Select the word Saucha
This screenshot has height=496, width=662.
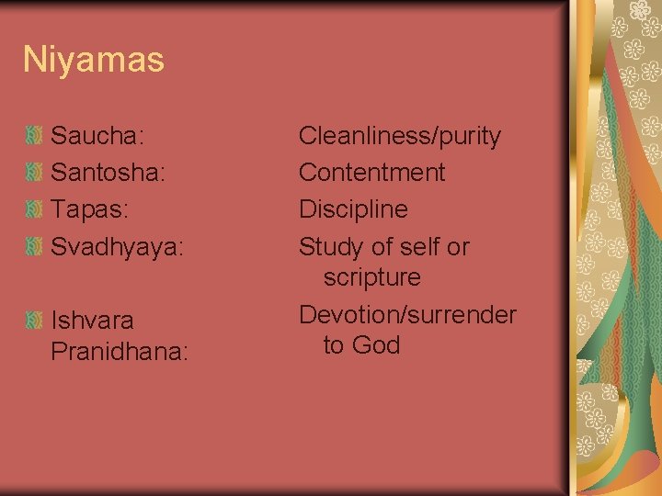pyautogui.click(x=96, y=137)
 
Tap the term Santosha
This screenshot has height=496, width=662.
pyautogui.click(x=107, y=174)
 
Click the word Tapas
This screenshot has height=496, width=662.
pyautogui.click(x=88, y=210)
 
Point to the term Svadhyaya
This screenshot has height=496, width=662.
pyautogui.click(x=117, y=248)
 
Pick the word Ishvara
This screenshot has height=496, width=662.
pyautogui.click(x=92, y=321)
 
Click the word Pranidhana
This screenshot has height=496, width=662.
pyautogui.click(x=119, y=352)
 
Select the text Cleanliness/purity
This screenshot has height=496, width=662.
pyautogui.click(x=399, y=137)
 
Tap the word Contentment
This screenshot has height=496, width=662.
pyautogui.click(x=371, y=173)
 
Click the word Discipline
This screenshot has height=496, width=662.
pyautogui.click(x=353, y=209)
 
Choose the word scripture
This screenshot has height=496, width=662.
pyautogui.click(x=371, y=277)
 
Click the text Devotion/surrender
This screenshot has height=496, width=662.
pyautogui.click(x=407, y=314)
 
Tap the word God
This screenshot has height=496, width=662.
pyautogui.click(x=378, y=345)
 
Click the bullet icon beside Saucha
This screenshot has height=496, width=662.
pyautogui.click(x=33, y=137)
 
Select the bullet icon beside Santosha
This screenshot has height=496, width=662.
pyautogui.click(x=33, y=174)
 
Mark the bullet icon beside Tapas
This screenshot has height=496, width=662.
pyautogui.click(x=33, y=210)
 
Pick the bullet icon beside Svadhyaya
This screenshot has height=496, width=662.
pyautogui.click(x=33, y=247)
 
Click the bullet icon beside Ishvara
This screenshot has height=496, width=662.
pyautogui.click(x=33, y=321)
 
